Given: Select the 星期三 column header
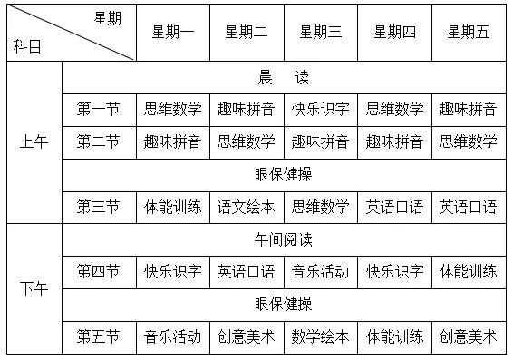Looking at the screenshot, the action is tap(321, 33).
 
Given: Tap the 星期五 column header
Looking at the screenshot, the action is tap(469, 33).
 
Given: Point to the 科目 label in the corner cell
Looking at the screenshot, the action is tap(27, 46).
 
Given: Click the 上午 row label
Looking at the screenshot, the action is tap(35, 141).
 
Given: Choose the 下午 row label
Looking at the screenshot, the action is tap(35, 288).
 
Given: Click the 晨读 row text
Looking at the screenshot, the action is tap(284, 78).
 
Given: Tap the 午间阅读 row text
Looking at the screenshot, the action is tap(284, 240).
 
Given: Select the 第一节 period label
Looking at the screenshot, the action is tap(99, 110).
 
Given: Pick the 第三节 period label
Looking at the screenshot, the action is tap(99, 207).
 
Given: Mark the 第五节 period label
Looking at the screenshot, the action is tap(99, 336).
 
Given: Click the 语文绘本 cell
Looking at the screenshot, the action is tap(247, 207).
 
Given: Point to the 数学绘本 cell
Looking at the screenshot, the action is tap(321, 336).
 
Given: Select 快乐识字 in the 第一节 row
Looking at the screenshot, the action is tap(321, 110).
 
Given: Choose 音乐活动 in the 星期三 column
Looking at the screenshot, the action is tap(321, 271).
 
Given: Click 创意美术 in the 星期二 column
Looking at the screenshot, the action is tap(247, 336).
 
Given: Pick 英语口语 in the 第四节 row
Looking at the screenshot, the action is tap(247, 271).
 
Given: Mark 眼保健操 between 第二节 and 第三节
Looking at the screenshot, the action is tap(284, 174).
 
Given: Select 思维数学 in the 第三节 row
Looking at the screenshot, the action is tap(321, 207).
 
